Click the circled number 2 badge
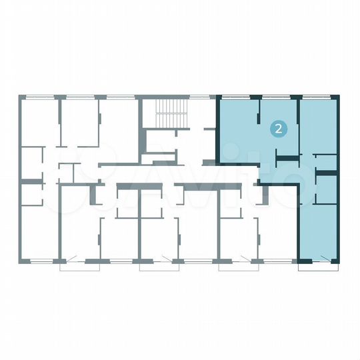tap(277, 129)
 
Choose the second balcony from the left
tap(159, 265)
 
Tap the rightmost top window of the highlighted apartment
tap(317, 97)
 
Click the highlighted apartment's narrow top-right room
tap(318, 127)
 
